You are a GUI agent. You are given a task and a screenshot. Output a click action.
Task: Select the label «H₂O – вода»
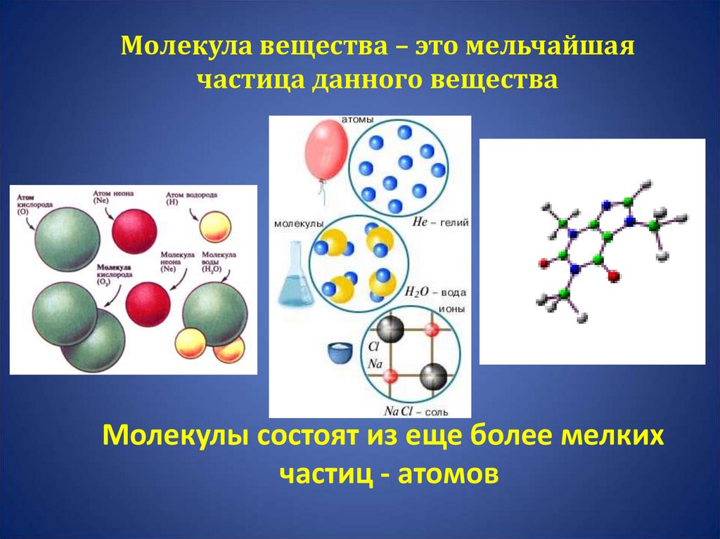pyautogui.click(x=435, y=292)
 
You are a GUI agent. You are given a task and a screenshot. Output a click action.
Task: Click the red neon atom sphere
pyautogui.click(x=134, y=226)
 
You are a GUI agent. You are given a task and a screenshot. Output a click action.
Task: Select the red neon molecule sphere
pyautogui.click(x=148, y=303)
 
